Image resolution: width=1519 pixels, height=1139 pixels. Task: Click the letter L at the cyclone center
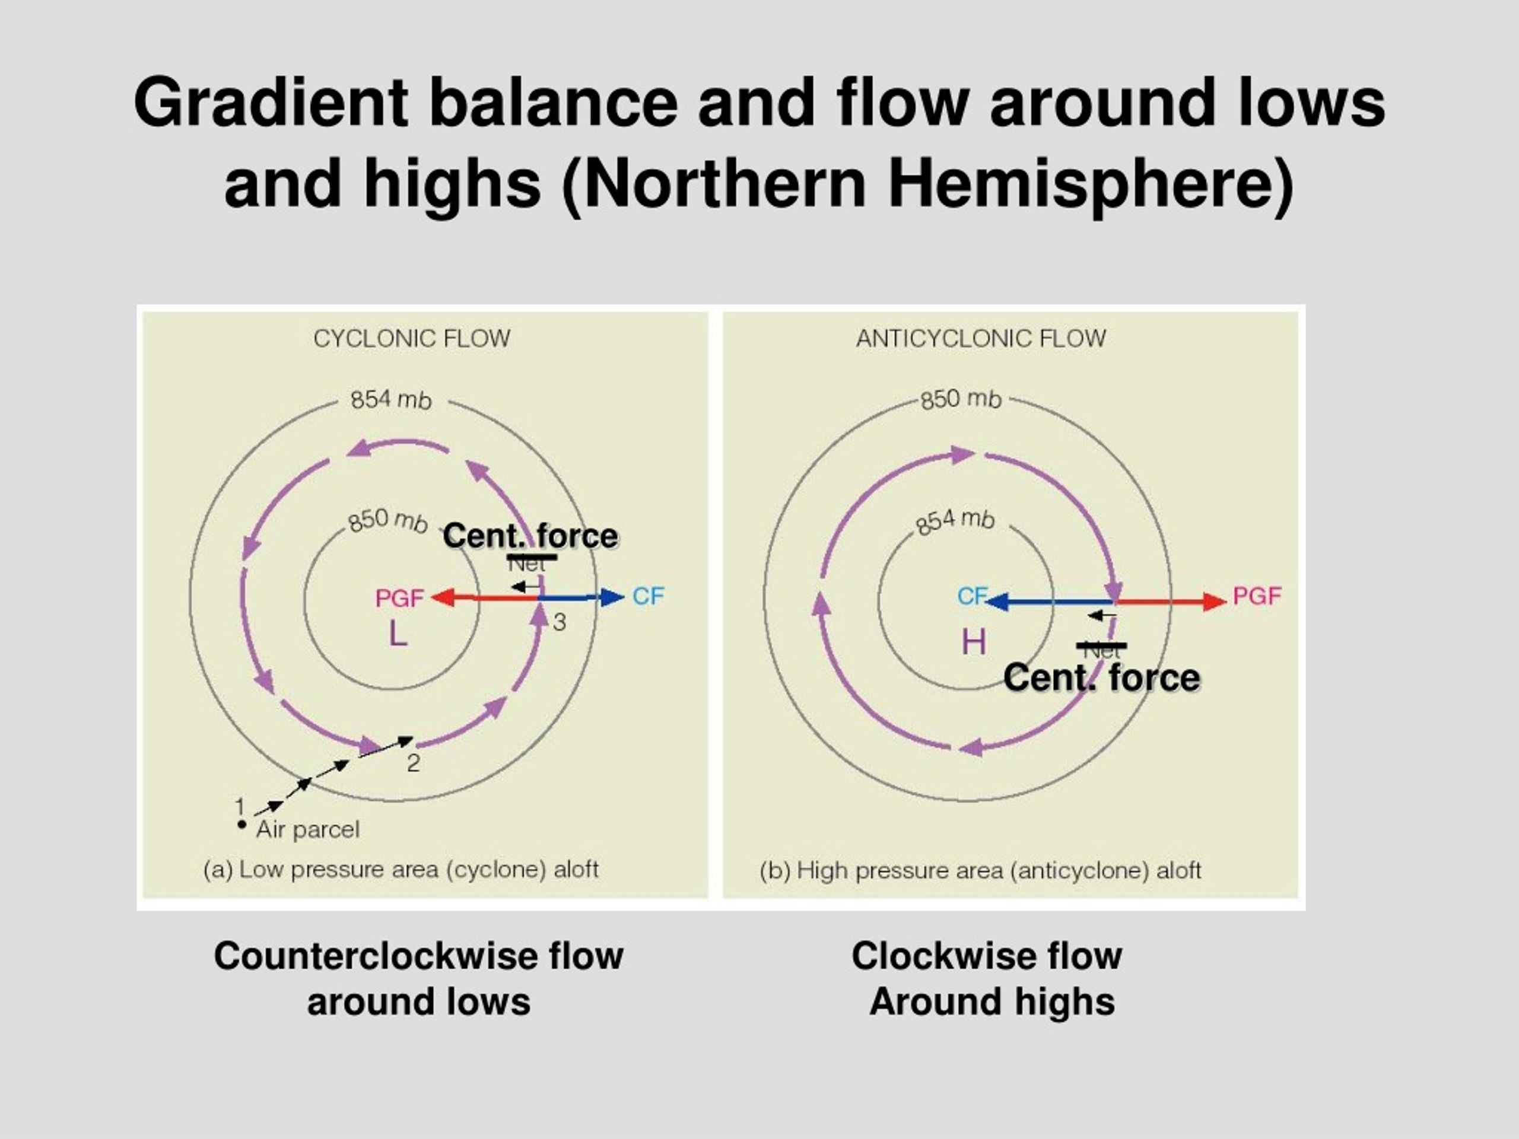point(398,634)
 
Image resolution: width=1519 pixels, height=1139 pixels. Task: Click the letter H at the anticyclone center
point(974,642)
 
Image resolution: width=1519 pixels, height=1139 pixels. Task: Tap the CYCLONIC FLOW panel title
point(411,339)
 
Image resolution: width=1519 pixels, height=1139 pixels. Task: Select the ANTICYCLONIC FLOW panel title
point(981,339)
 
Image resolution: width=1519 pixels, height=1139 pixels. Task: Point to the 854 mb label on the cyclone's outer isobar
point(391,400)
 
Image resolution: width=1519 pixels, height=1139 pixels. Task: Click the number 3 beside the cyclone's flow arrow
point(560,623)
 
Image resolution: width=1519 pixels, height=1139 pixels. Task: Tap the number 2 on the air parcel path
point(414,763)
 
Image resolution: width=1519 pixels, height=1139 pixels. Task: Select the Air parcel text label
point(307,830)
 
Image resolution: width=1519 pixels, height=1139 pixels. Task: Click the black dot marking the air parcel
point(241,825)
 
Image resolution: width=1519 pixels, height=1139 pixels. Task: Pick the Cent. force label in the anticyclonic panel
point(1101,677)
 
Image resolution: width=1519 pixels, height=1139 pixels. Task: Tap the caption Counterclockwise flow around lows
point(418,978)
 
